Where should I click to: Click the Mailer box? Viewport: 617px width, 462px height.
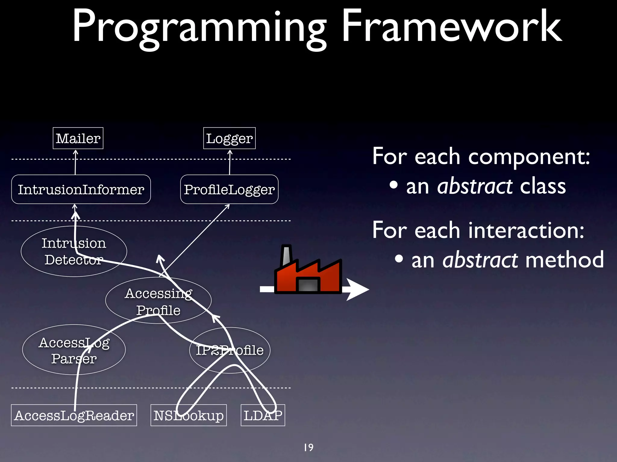tap(78, 138)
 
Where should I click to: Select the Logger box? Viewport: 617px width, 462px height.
tap(229, 138)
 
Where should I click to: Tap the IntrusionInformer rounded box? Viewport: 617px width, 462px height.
tap(81, 189)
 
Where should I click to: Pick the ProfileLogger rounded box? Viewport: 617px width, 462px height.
tap(229, 189)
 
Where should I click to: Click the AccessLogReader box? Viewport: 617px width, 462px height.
tap(74, 415)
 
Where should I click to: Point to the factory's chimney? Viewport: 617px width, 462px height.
tap(286, 256)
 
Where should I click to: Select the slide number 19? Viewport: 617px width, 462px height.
tap(308, 447)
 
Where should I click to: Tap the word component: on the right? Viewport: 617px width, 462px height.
tap(529, 156)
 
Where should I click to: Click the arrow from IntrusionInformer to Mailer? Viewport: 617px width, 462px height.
tap(75, 162)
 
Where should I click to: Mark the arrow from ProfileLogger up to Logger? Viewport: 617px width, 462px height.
tap(230, 162)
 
